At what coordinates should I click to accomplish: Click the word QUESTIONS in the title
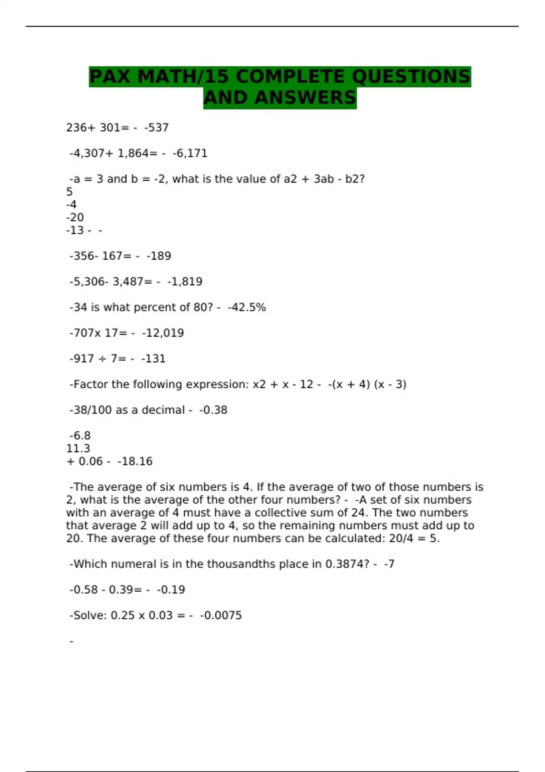click(411, 76)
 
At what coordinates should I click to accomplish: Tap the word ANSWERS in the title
click(305, 98)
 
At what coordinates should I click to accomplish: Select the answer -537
click(156, 128)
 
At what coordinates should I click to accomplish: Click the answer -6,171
click(190, 153)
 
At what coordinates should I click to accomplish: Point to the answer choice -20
click(75, 218)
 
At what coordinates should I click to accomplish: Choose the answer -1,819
click(184, 282)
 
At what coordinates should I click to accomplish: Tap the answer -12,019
click(163, 333)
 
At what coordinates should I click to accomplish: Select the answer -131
click(153, 359)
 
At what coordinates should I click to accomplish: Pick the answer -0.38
click(213, 410)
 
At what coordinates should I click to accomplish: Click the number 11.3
click(78, 449)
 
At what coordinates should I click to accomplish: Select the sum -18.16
click(135, 461)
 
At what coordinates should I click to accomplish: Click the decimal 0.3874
click(347, 564)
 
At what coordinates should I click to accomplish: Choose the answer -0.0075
click(221, 615)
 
